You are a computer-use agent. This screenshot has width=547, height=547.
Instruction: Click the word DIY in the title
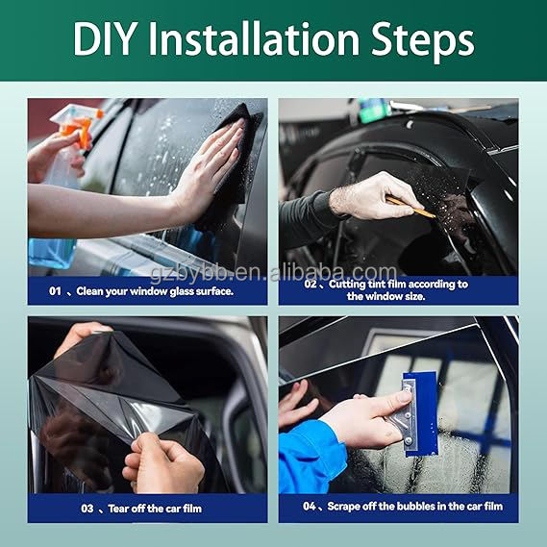(x=104, y=38)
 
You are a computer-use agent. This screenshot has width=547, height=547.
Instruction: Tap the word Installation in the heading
(x=254, y=38)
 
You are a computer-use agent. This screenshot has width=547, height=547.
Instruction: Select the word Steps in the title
(x=422, y=42)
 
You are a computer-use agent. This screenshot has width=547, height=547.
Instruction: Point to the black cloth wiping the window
(x=231, y=164)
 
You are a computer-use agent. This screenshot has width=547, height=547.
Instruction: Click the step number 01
(x=55, y=291)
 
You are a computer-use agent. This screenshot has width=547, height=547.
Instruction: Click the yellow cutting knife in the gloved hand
(x=410, y=207)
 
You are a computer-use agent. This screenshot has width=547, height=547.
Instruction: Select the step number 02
(x=311, y=284)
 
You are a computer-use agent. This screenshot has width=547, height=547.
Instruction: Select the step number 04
(x=310, y=507)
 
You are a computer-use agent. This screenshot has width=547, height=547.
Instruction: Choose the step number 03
(x=87, y=509)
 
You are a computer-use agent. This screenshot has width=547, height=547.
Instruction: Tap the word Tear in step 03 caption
(x=118, y=509)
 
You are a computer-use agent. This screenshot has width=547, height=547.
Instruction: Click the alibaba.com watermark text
(x=334, y=273)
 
